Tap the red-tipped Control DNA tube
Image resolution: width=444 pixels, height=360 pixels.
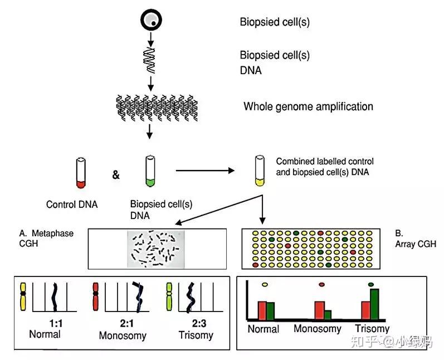coord(81,173)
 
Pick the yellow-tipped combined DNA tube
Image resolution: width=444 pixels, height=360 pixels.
coord(260,170)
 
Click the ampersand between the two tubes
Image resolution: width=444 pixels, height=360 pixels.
coord(115,175)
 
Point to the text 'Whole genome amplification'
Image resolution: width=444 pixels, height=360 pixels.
coord(308,106)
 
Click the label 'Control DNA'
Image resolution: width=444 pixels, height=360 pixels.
coord(72,205)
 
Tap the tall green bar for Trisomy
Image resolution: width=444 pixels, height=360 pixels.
coord(375,304)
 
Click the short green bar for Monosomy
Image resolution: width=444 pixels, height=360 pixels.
coord(328,314)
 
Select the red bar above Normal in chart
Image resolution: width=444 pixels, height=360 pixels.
coord(261,310)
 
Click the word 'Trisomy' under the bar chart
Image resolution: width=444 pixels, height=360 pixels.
coord(372,329)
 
